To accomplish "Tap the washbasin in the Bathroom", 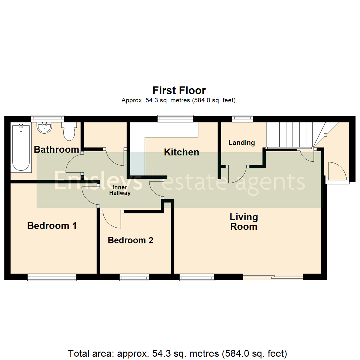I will (x=44, y=127).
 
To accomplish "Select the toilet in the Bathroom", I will (x=69, y=132).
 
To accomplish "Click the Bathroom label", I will (x=56, y=149).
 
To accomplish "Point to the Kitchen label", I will (x=181, y=152).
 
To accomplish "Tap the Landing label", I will (x=241, y=143).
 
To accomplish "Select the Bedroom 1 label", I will (x=52, y=226).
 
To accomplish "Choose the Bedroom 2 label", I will (x=130, y=240).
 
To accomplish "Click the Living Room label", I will (x=244, y=222).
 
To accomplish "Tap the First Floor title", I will (x=179, y=90).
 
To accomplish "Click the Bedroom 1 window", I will (x=52, y=277).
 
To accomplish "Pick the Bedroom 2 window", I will (x=134, y=277).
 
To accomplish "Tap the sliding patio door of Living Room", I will (x=272, y=277).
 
